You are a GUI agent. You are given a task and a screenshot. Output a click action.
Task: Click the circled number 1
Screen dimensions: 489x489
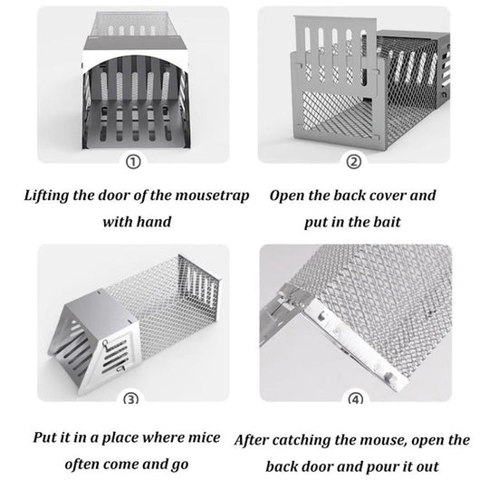(133, 162)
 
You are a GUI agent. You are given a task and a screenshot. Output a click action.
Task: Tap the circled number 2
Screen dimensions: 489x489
(354, 162)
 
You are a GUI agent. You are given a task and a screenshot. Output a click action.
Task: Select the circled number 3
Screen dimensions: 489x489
(133, 399)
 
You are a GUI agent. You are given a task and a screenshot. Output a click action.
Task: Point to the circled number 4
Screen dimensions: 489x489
(354, 399)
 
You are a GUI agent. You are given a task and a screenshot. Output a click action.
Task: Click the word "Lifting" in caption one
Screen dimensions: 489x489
(48, 195)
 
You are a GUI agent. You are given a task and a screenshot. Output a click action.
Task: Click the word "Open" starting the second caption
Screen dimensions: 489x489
(286, 195)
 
